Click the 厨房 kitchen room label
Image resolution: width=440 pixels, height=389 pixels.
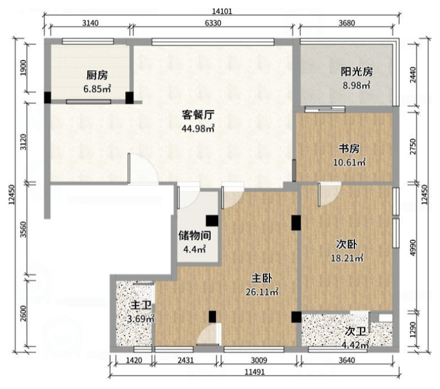pyautogui.click(x=97, y=75)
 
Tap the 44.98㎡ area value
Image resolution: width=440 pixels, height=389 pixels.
pyautogui.click(x=198, y=128)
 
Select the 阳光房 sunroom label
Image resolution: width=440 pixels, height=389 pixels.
pyautogui.click(x=357, y=72)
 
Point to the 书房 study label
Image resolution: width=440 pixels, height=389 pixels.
pyautogui.click(x=349, y=148)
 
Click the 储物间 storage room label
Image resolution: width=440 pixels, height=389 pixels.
pyautogui.click(x=195, y=235)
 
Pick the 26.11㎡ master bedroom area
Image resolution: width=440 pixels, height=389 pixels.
pyautogui.click(x=262, y=292)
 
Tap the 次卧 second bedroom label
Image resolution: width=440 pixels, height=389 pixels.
pyautogui.click(x=347, y=244)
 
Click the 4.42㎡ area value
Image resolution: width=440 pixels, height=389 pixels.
pyautogui.click(x=355, y=344)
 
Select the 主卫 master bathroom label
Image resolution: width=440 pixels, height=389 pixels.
pyautogui.click(x=141, y=305)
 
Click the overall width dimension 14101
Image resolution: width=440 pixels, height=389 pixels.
pyautogui.click(x=222, y=12)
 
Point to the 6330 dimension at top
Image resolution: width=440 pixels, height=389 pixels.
pyautogui.click(x=213, y=23)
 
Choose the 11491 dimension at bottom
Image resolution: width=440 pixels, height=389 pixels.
pyautogui.click(x=255, y=372)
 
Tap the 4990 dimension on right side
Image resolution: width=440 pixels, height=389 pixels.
pyautogui.click(x=412, y=247)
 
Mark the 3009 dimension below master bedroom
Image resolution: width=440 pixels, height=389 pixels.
pyautogui.click(x=259, y=360)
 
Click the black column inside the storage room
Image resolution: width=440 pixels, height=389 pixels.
pyautogui.click(x=212, y=221)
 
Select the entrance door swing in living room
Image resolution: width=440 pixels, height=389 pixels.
pyautogui.click(x=143, y=169)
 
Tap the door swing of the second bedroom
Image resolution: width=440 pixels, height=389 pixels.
pyautogui.click(x=330, y=194)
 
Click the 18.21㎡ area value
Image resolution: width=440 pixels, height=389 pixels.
pyautogui.click(x=347, y=258)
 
